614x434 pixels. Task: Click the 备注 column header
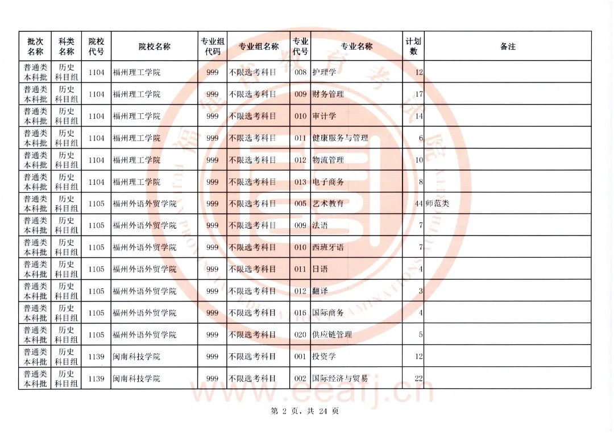pos(508,47)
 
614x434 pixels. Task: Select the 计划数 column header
pos(413,46)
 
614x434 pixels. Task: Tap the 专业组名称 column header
pos(258,47)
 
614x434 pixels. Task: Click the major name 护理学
pos(324,72)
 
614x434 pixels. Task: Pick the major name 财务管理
pos(328,94)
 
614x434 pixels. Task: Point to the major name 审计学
pos(324,116)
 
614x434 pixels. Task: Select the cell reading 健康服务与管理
pos(340,138)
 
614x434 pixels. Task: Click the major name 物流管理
pos(328,160)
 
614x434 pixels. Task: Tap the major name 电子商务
pos(328,182)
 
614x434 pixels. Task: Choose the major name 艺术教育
pos(328,204)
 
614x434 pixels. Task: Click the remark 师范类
pos(437,204)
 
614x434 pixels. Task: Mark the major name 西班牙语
pos(328,247)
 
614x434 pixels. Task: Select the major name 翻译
pos(320,291)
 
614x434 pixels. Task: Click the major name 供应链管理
pos(332,335)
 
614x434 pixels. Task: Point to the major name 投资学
pos(324,357)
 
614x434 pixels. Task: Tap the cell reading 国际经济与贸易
pos(340,379)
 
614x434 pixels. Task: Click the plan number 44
pos(419,204)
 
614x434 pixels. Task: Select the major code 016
pos(300,313)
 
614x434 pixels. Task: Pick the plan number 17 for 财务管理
pos(419,94)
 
